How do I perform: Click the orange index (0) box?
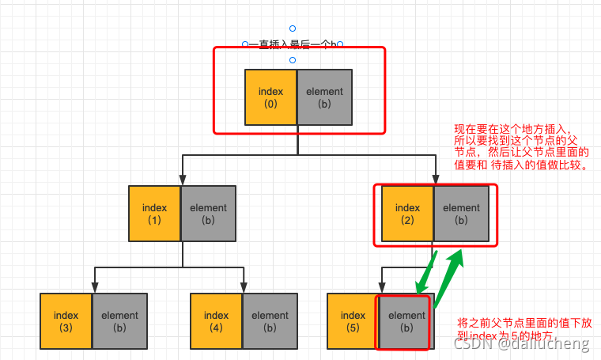pyautogui.click(x=270, y=97)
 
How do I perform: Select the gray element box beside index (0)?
pyautogui.click(x=324, y=97)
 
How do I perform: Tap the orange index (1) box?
pyautogui.click(x=155, y=214)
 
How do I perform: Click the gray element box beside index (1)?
pyautogui.click(x=209, y=214)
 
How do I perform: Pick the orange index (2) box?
pyautogui.click(x=407, y=214)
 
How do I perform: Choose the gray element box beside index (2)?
pyautogui.click(x=461, y=214)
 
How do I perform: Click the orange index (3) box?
pyautogui.click(x=66, y=320)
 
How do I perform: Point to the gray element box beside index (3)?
pyautogui.click(x=119, y=320)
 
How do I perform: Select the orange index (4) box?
pyautogui.click(x=216, y=320)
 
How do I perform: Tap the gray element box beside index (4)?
pyautogui.click(x=270, y=320)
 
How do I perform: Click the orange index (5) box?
pyautogui.click(x=353, y=320)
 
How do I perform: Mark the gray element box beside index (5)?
pyautogui.click(x=406, y=320)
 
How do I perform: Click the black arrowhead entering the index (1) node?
pyautogui.click(x=183, y=180)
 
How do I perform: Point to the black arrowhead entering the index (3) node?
pyautogui.click(x=93, y=287)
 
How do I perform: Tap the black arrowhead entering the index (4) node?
pyautogui.click(x=243, y=287)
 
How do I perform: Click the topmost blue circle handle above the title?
pyautogui.click(x=293, y=28)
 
